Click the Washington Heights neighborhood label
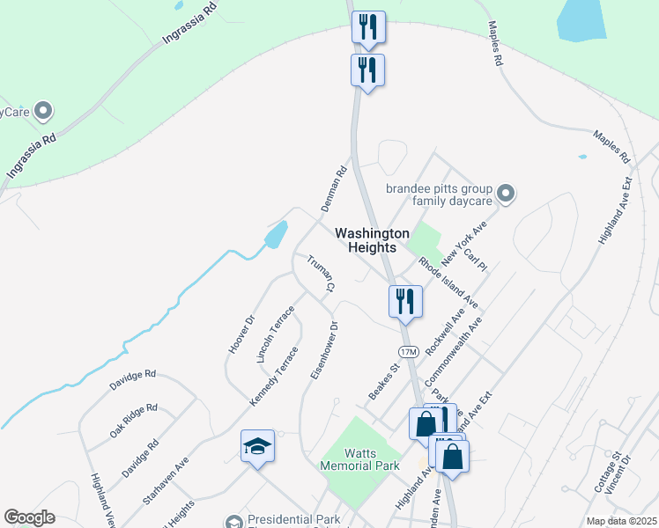click(x=372, y=240)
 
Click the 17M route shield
click(x=407, y=352)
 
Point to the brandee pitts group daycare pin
click(x=506, y=193)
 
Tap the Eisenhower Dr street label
click(x=324, y=350)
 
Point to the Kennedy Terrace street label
click(x=274, y=377)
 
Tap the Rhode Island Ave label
click(x=448, y=282)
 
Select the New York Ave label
click(x=464, y=244)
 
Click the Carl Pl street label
click(x=476, y=260)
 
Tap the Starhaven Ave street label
click(x=166, y=480)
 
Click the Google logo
click(x=29, y=517)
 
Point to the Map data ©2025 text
click(x=621, y=521)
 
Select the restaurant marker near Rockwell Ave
click(x=405, y=301)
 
